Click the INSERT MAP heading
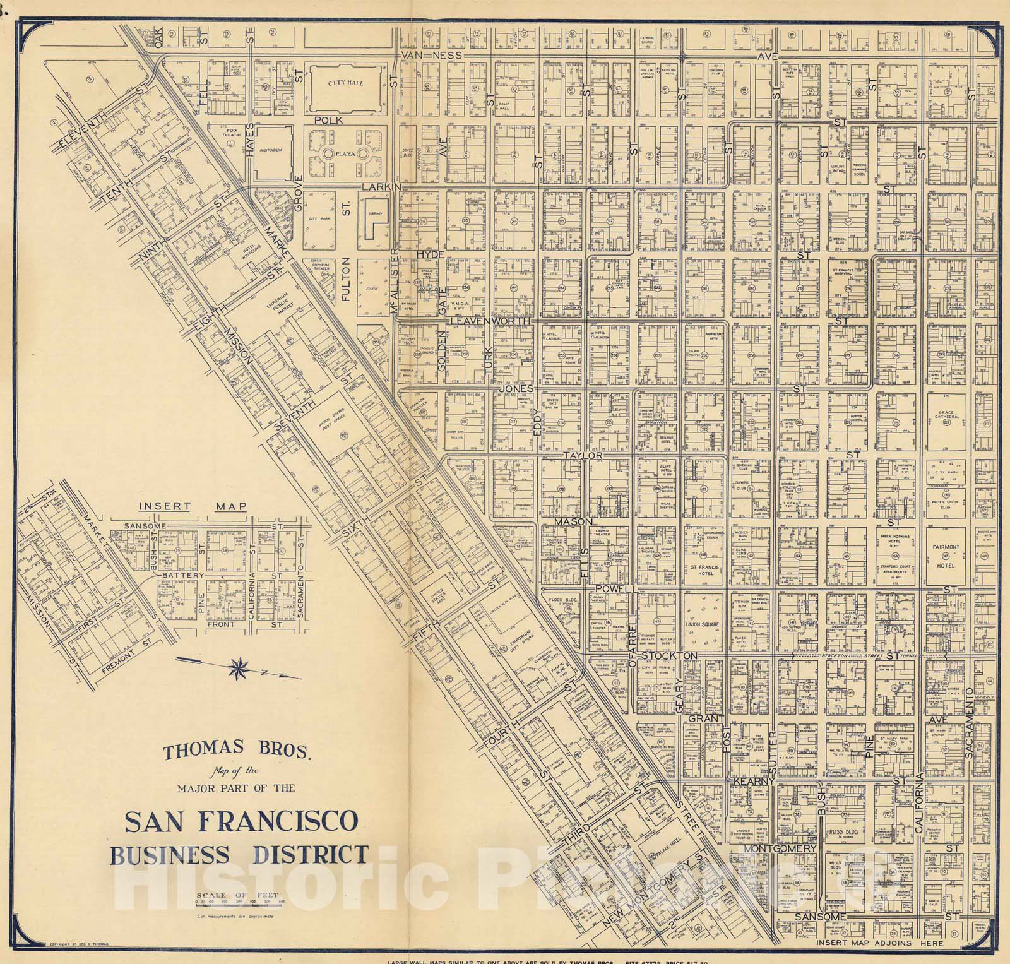tap(192, 506)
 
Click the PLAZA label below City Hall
tap(344, 153)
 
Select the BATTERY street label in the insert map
tap(184, 576)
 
